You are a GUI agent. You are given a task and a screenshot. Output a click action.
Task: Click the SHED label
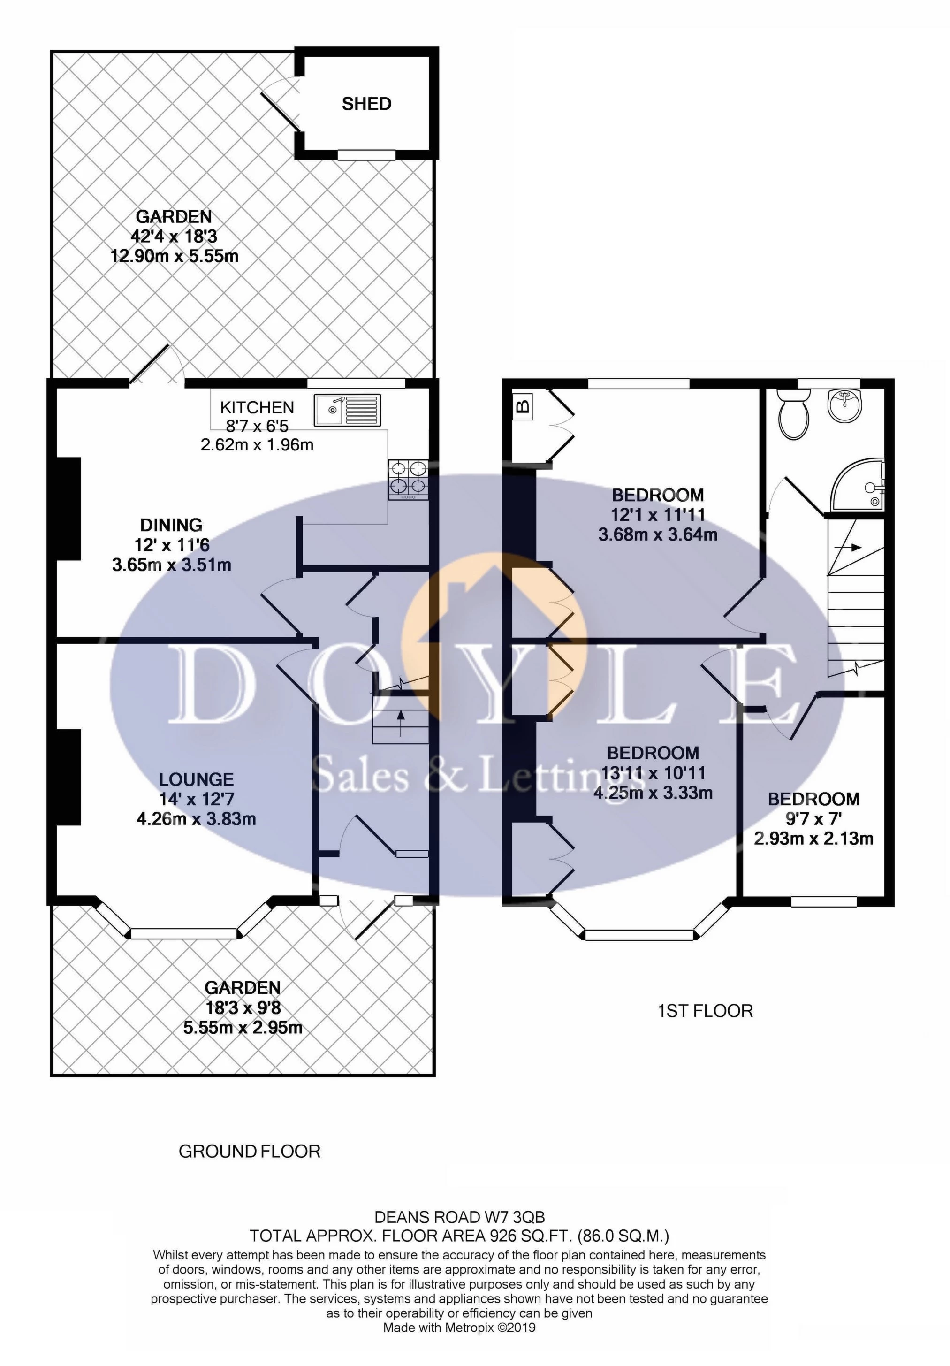tap(366, 104)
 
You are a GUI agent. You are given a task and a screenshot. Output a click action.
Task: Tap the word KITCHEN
tap(257, 407)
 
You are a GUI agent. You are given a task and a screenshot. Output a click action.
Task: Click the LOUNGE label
tap(196, 779)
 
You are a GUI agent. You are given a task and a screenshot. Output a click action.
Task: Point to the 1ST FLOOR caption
tap(706, 1011)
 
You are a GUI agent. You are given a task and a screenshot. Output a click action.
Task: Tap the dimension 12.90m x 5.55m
tap(175, 256)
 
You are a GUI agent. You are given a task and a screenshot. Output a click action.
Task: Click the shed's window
tap(366, 155)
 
